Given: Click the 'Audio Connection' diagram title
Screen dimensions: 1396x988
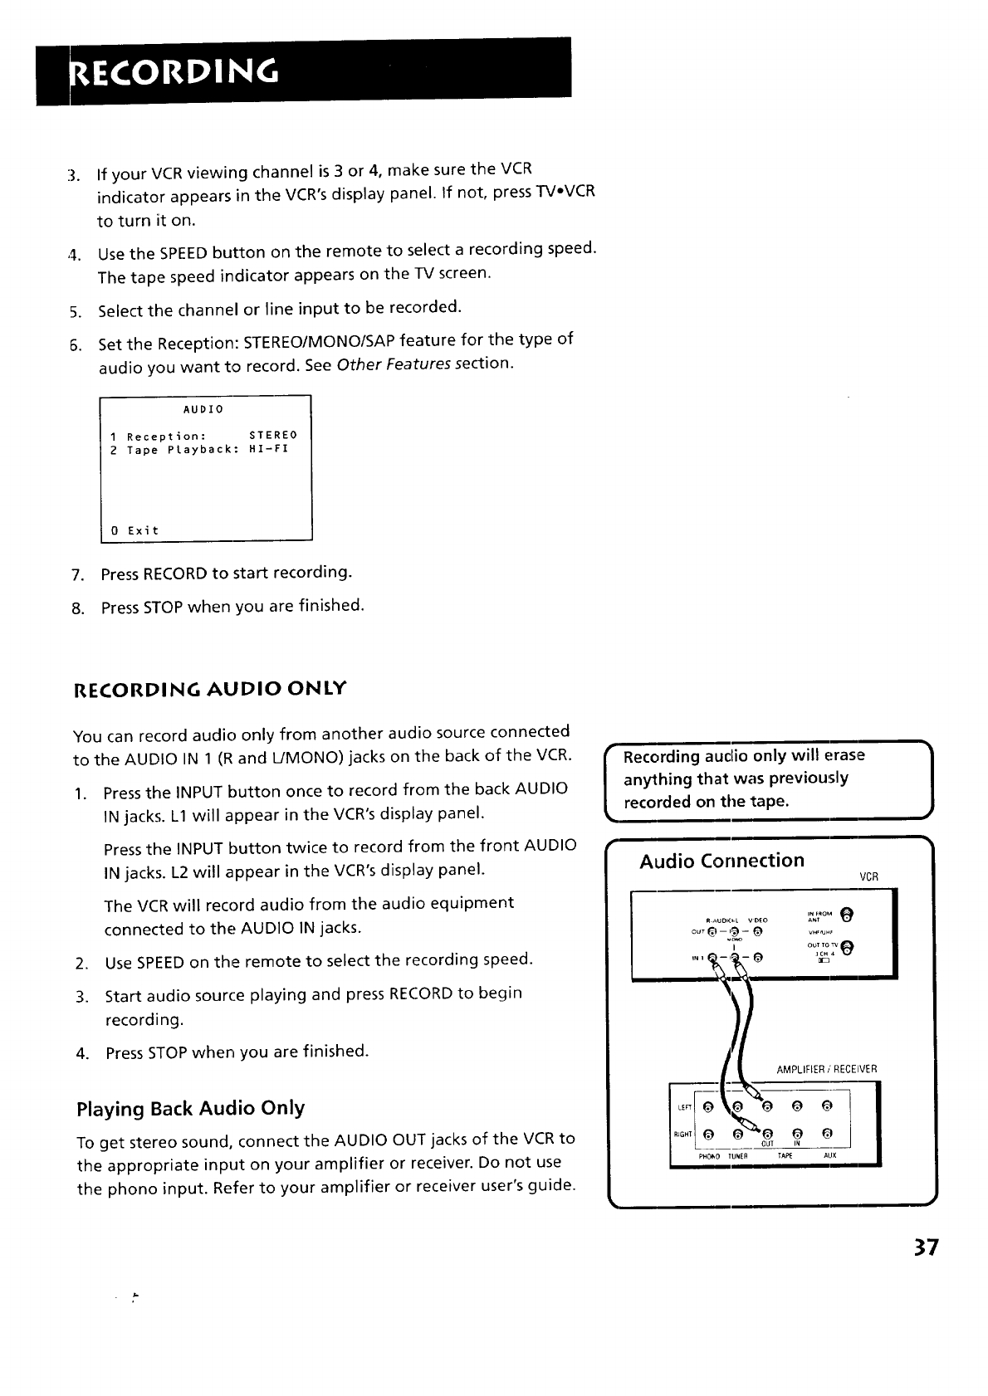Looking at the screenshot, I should tap(721, 860).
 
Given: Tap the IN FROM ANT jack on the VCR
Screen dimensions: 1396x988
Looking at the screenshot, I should tap(846, 915).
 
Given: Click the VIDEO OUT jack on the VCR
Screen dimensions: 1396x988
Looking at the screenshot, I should tap(757, 931).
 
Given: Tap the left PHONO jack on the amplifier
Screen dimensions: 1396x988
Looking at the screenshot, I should tap(707, 1106).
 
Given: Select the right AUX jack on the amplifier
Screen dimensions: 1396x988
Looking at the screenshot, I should tap(827, 1134).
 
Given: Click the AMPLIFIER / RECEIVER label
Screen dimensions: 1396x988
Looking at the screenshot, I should tap(826, 1069).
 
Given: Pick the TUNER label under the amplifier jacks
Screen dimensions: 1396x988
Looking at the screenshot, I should tap(738, 1155).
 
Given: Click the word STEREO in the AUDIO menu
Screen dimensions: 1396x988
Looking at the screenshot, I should tap(273, 435).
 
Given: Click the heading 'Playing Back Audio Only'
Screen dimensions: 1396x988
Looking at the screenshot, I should tap(190, 1108).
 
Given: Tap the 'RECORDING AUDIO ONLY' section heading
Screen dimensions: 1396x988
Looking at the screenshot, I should tap(210, 689).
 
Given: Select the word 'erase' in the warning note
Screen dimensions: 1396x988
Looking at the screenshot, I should tap(844, 755).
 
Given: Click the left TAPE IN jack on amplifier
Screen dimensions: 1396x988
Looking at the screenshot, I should tap(797, 1106).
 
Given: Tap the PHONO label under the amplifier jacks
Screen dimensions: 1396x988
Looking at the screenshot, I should tap(709, 1155).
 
